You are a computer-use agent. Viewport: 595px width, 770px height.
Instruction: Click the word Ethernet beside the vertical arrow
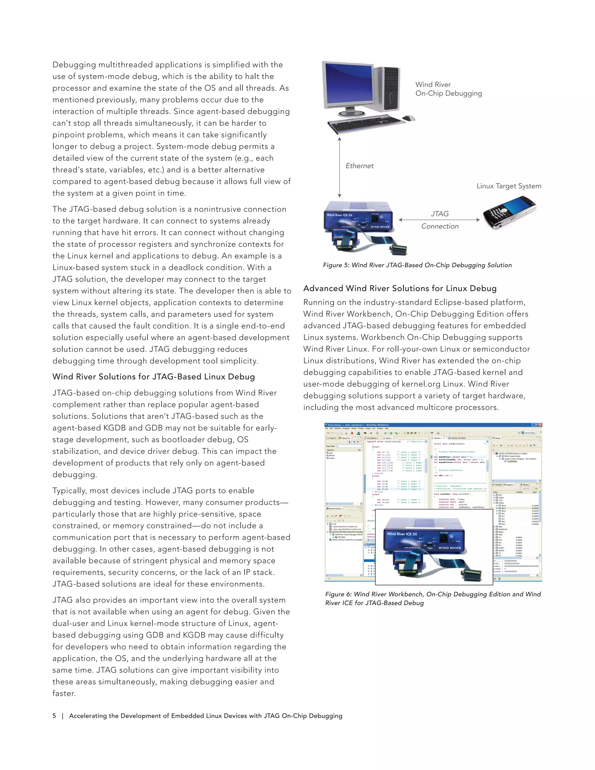point(359,166)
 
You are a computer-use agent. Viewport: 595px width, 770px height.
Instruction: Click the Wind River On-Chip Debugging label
point(448,89)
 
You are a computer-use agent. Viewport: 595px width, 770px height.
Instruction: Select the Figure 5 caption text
point(417,265)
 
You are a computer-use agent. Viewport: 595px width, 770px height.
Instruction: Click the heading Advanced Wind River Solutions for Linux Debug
point(400,289)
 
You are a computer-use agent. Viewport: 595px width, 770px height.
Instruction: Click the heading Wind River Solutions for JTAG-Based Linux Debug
point(153,377)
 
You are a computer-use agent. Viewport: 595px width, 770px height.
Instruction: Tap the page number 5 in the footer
point(54,716)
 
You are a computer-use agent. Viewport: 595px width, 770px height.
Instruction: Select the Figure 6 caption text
point(433,598)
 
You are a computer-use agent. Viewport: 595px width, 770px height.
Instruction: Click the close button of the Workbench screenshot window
point(540,425)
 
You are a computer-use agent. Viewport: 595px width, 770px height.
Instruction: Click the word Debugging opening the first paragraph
point(74,65)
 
